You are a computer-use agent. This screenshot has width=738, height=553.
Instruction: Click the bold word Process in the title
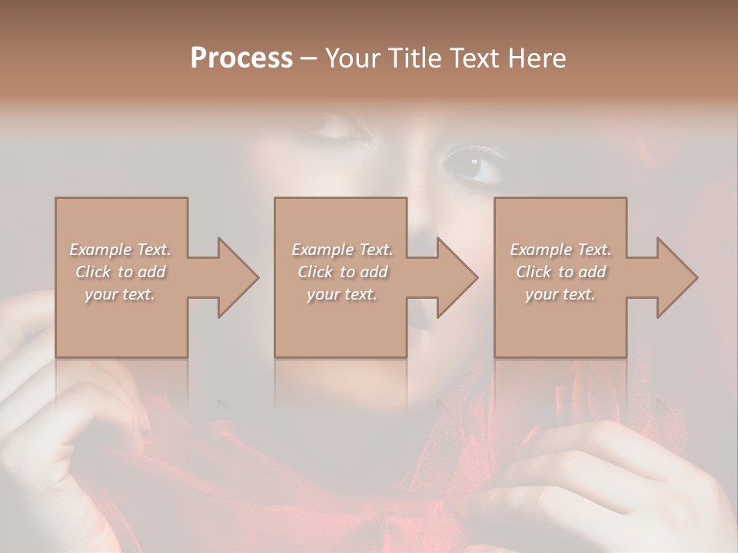[x=241, y=58]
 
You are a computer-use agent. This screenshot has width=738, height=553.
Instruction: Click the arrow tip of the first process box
[x=257, y=277]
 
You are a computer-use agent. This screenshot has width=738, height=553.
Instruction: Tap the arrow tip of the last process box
[x=696, y=277]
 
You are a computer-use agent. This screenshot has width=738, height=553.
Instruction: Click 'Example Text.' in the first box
[x=121, y=250]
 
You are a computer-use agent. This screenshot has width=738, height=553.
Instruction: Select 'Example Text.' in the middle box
[x=342, y=250]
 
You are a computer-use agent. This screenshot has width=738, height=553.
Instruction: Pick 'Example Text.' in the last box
[x=560, y=250]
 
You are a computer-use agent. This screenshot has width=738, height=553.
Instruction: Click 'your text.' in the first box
[x=121, y=294]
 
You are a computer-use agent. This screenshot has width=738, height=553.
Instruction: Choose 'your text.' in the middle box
[x=342, y=294]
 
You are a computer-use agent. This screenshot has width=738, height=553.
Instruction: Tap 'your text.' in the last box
[x=560, y=294]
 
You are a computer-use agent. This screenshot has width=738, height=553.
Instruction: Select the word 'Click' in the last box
[x=534, y=272]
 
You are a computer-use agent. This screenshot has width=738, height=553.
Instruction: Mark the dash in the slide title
[x=309, y=58]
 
